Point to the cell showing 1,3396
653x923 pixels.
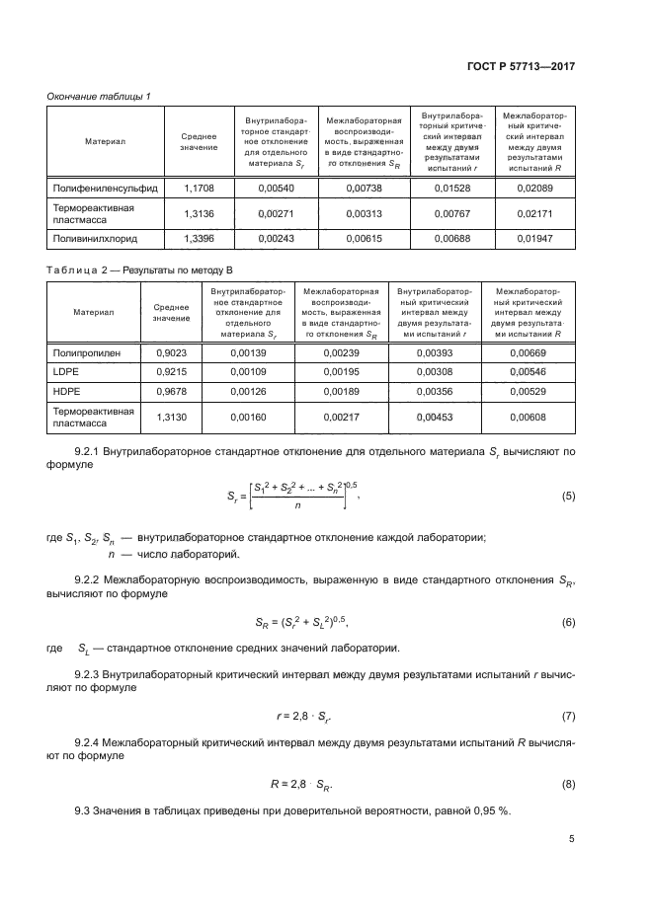click(199, 238)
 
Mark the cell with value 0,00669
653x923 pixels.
click(528, 352)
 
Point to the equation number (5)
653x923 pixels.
click(567, 496)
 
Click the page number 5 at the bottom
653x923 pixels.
click(571, 839)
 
